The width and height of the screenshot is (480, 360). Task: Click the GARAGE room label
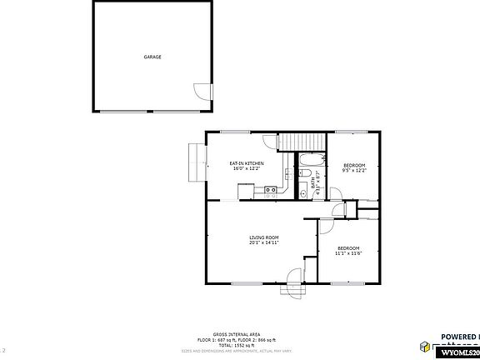click(x=152, y=57)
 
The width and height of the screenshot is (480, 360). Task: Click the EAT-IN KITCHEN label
click(x=247, y=163)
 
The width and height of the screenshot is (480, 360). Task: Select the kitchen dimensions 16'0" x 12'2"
click(x=247, y=169)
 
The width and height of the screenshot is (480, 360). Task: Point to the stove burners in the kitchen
click(x=271, y=191)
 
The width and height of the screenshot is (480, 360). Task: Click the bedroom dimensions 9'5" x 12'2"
click(x=355, y=170)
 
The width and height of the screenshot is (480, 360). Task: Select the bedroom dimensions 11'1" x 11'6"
click(x=348, y=252)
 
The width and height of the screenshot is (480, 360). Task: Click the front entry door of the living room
click(x=294, y=278)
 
